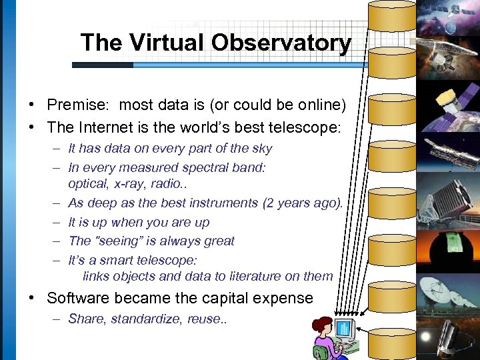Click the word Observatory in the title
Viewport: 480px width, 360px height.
pos(281,43)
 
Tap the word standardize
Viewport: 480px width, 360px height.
pos(144,319)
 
